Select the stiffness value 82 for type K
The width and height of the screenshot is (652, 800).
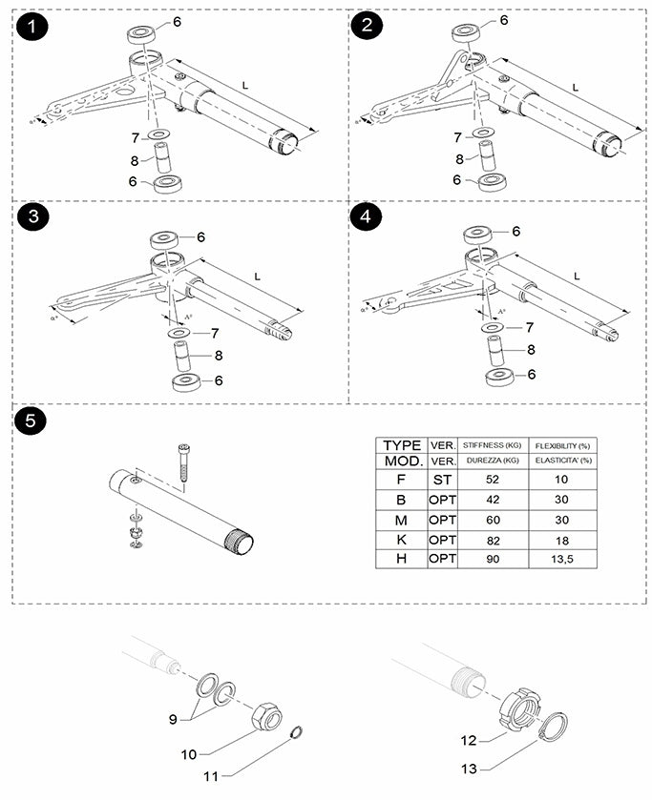pos(491,538)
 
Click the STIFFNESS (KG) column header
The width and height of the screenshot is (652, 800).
pos(491,444)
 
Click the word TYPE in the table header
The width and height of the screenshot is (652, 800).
pos(402,444)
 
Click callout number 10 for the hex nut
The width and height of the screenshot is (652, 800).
pos(189,753)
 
